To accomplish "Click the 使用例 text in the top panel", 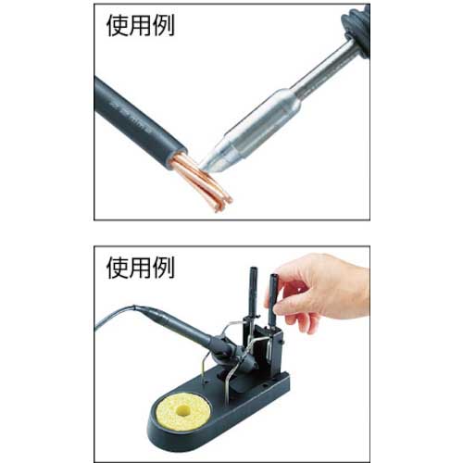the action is pyautogui.click(x=141, y=25).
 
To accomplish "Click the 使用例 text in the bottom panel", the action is pyautogui.click(x=141, y=268).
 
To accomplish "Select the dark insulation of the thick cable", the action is pyautogui.click(x=139, y=120).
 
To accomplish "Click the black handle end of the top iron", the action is pyautogui.click(x=357, y=31).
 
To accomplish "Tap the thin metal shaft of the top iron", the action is pyautogui.click(x=324, y=67).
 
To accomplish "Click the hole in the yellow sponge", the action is pyautogui.click(x=182, y=409).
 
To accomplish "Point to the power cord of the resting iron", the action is pyautogui.click(x=114, y=317).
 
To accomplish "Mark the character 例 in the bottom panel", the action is pyautogui.click(x=164, y=268).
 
